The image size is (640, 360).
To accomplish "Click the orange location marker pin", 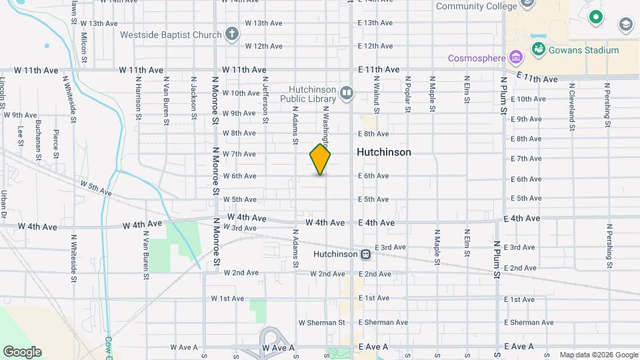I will [320, 159].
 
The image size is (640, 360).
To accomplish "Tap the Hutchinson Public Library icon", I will [346, 93].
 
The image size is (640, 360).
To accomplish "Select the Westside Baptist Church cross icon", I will [231, 34].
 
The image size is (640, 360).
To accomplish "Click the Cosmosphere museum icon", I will [515, 57].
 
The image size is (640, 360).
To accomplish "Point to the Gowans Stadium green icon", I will [539, 49].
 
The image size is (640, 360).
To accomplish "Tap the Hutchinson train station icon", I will [365, 254].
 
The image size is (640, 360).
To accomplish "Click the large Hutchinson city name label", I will [383, 152].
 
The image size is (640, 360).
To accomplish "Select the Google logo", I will [22, 351].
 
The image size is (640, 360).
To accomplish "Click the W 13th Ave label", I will [264, 23].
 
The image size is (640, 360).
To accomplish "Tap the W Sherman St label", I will [321, 323].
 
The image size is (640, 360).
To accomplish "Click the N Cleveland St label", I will [571, 103].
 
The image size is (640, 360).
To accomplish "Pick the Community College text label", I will [476, 6].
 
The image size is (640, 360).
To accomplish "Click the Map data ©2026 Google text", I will [598, 355].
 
